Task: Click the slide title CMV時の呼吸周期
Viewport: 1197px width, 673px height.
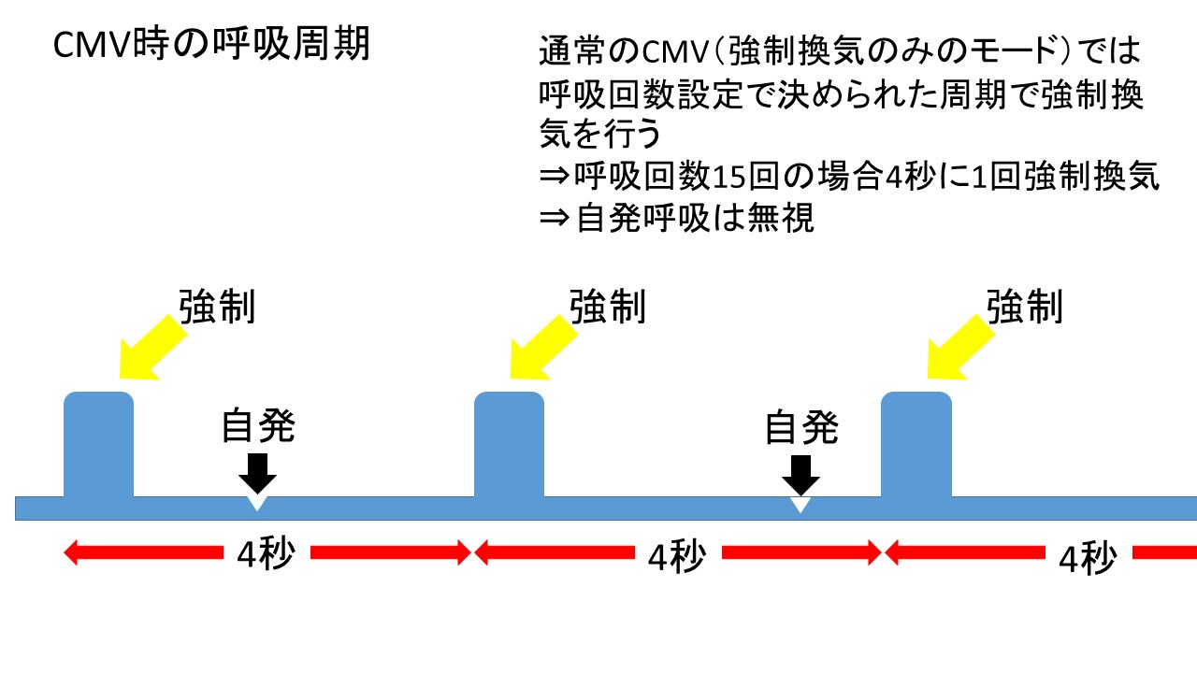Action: coord(211,44)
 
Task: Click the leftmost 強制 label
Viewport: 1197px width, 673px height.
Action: coord(217,307)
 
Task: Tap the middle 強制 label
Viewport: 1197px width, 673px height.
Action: coord(608,307)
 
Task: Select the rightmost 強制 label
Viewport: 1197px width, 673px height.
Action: coord(1025,307)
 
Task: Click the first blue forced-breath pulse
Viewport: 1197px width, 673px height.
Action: coord(98,445)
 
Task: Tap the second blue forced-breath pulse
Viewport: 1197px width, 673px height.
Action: coord(509,445)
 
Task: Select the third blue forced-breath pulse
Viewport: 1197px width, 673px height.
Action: coord(916,445)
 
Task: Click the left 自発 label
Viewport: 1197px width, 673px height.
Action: coord(258,427)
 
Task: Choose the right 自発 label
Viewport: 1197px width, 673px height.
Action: coord(800,427)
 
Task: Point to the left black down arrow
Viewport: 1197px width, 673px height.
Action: coord(258,473)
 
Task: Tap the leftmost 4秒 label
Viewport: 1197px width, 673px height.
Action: coord(266,554)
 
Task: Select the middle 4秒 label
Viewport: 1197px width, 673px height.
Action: coord(675,557)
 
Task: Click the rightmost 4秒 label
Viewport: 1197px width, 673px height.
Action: coord(1087,559)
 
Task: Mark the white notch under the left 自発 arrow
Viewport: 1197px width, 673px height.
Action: coord(258,504)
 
